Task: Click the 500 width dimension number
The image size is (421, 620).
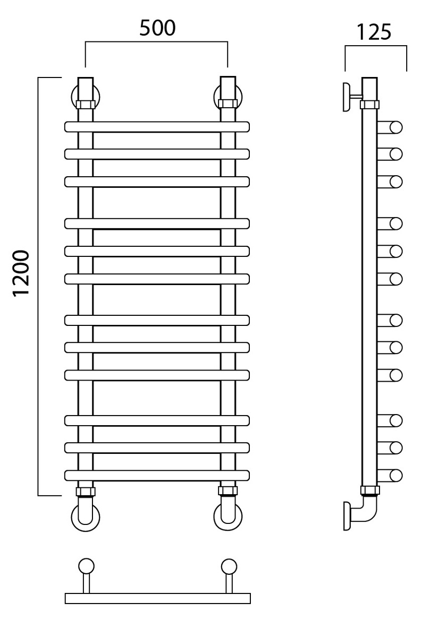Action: tap(157, 29)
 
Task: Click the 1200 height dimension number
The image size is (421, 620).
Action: tap(21, 273)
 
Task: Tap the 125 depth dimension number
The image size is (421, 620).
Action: tap(374, 32)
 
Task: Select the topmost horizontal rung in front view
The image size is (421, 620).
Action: tap(157, 126)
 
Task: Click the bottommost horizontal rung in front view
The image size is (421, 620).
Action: tap(157, 475)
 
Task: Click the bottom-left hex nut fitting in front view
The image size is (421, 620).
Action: tap(86, 492)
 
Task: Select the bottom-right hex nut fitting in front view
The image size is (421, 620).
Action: tap(228, 492)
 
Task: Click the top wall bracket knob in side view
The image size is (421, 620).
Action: tap(347, 97)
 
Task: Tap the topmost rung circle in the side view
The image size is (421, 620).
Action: tap(395, 127)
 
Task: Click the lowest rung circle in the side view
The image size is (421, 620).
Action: tap(395, 476)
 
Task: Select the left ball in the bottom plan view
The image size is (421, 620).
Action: tap(86, 566)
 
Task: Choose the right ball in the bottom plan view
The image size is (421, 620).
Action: tap(229, 566)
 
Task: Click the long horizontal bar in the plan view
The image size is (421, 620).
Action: tap(158, 598)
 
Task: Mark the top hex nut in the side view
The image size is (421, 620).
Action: tap(369, 105)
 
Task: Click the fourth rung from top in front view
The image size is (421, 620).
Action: tap(157, 223)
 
